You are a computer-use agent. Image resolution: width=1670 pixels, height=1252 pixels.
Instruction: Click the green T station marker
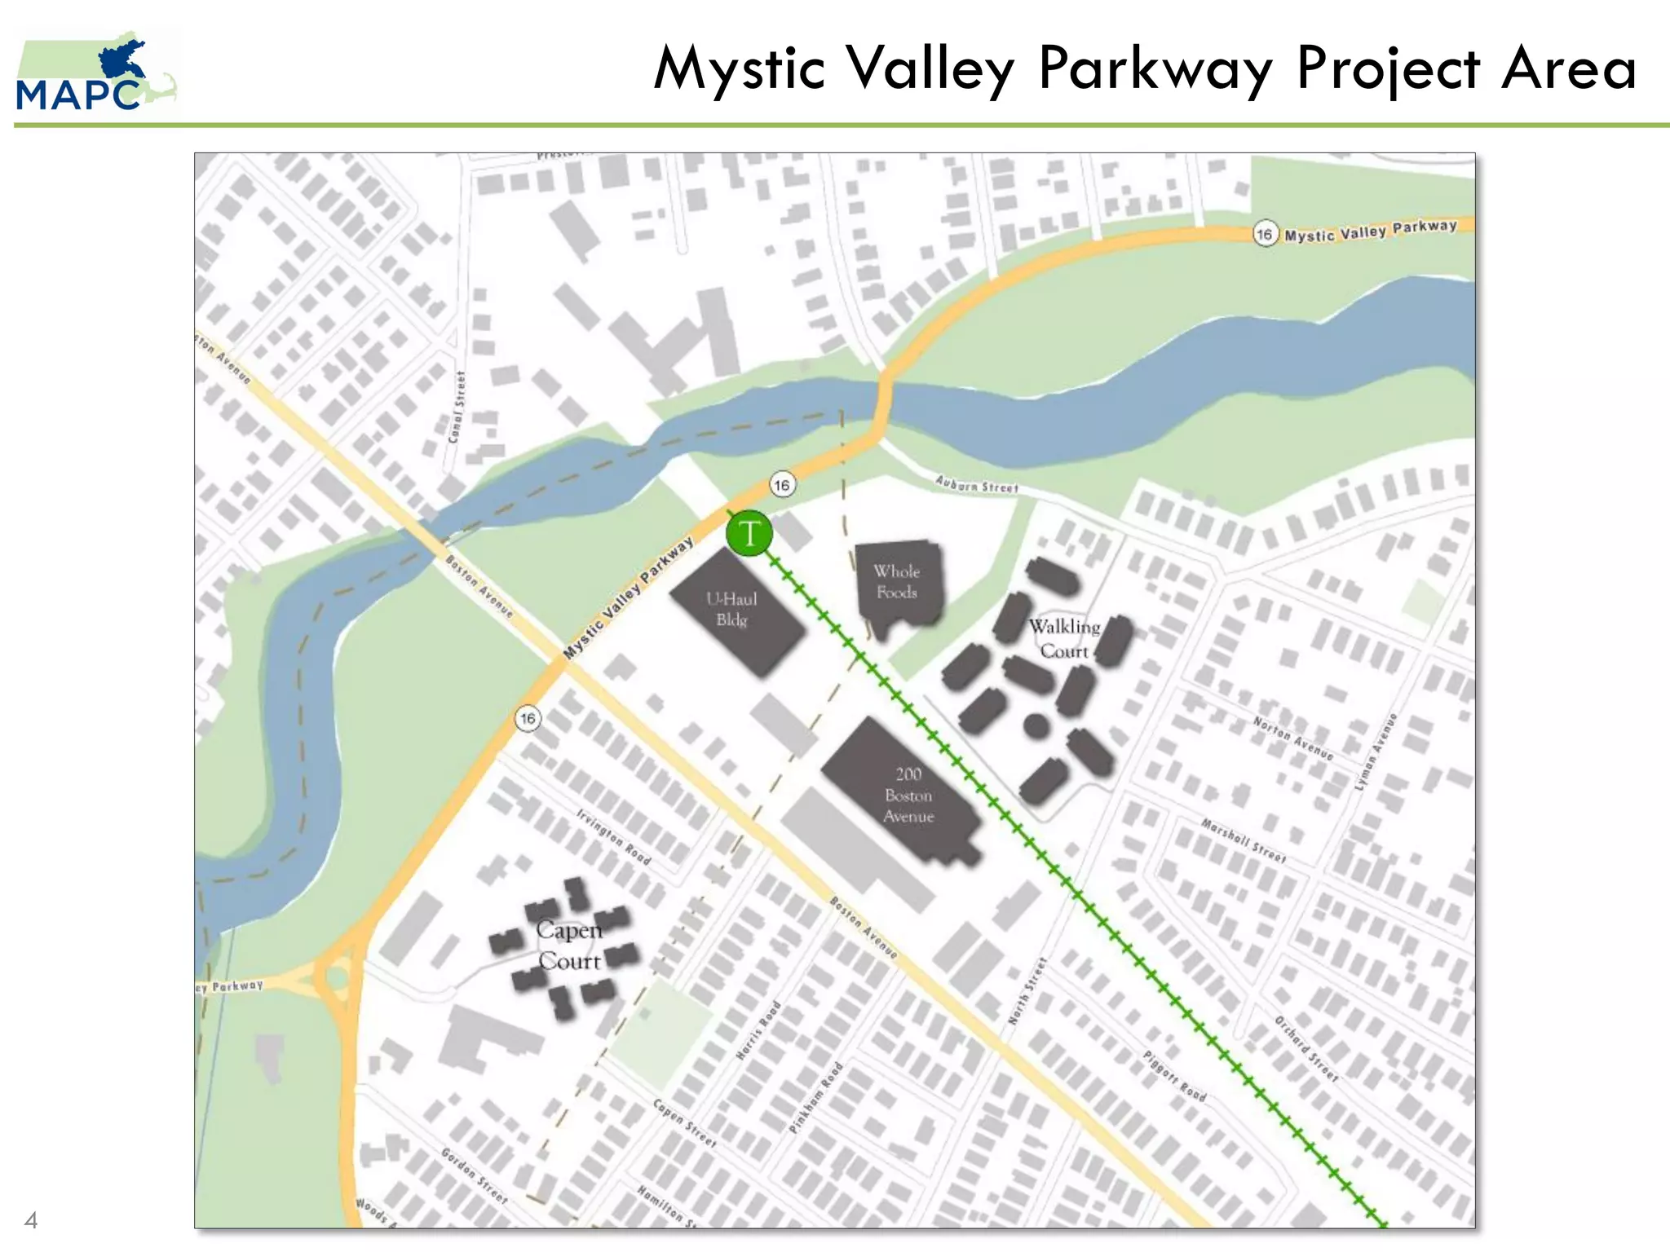[749, 534]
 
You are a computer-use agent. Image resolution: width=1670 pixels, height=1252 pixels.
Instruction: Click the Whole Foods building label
[897, 582]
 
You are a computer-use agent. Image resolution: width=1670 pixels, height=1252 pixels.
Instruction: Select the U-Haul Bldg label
[731, 609]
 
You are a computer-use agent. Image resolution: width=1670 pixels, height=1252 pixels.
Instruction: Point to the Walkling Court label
[1064, 638]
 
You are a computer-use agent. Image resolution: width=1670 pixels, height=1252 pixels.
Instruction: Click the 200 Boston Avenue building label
[908, 795]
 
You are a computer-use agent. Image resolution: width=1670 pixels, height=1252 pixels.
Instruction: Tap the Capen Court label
[569, 946]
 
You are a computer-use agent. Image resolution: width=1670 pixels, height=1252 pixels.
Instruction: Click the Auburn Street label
[977, 484]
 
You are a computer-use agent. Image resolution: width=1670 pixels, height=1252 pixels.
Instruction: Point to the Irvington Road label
[613, 837]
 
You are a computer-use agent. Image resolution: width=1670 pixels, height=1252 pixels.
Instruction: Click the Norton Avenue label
[1292, 738]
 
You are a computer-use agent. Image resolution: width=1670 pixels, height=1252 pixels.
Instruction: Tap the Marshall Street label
[1244, 841]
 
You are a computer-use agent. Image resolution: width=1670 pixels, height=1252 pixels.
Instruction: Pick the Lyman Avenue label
[1376, 752]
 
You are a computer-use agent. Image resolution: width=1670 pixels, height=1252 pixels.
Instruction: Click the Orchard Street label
[1306, 1049]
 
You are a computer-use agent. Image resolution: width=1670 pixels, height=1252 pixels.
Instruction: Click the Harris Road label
[758, 1030]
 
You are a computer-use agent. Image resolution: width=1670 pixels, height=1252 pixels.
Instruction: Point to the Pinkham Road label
[815, 1097]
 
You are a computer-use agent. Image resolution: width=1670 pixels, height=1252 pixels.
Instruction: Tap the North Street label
[1027, 991]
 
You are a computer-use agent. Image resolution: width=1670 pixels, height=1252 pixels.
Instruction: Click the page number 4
[31, 1220]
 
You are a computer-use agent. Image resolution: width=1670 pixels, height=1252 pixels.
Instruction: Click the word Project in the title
[1388, 68]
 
